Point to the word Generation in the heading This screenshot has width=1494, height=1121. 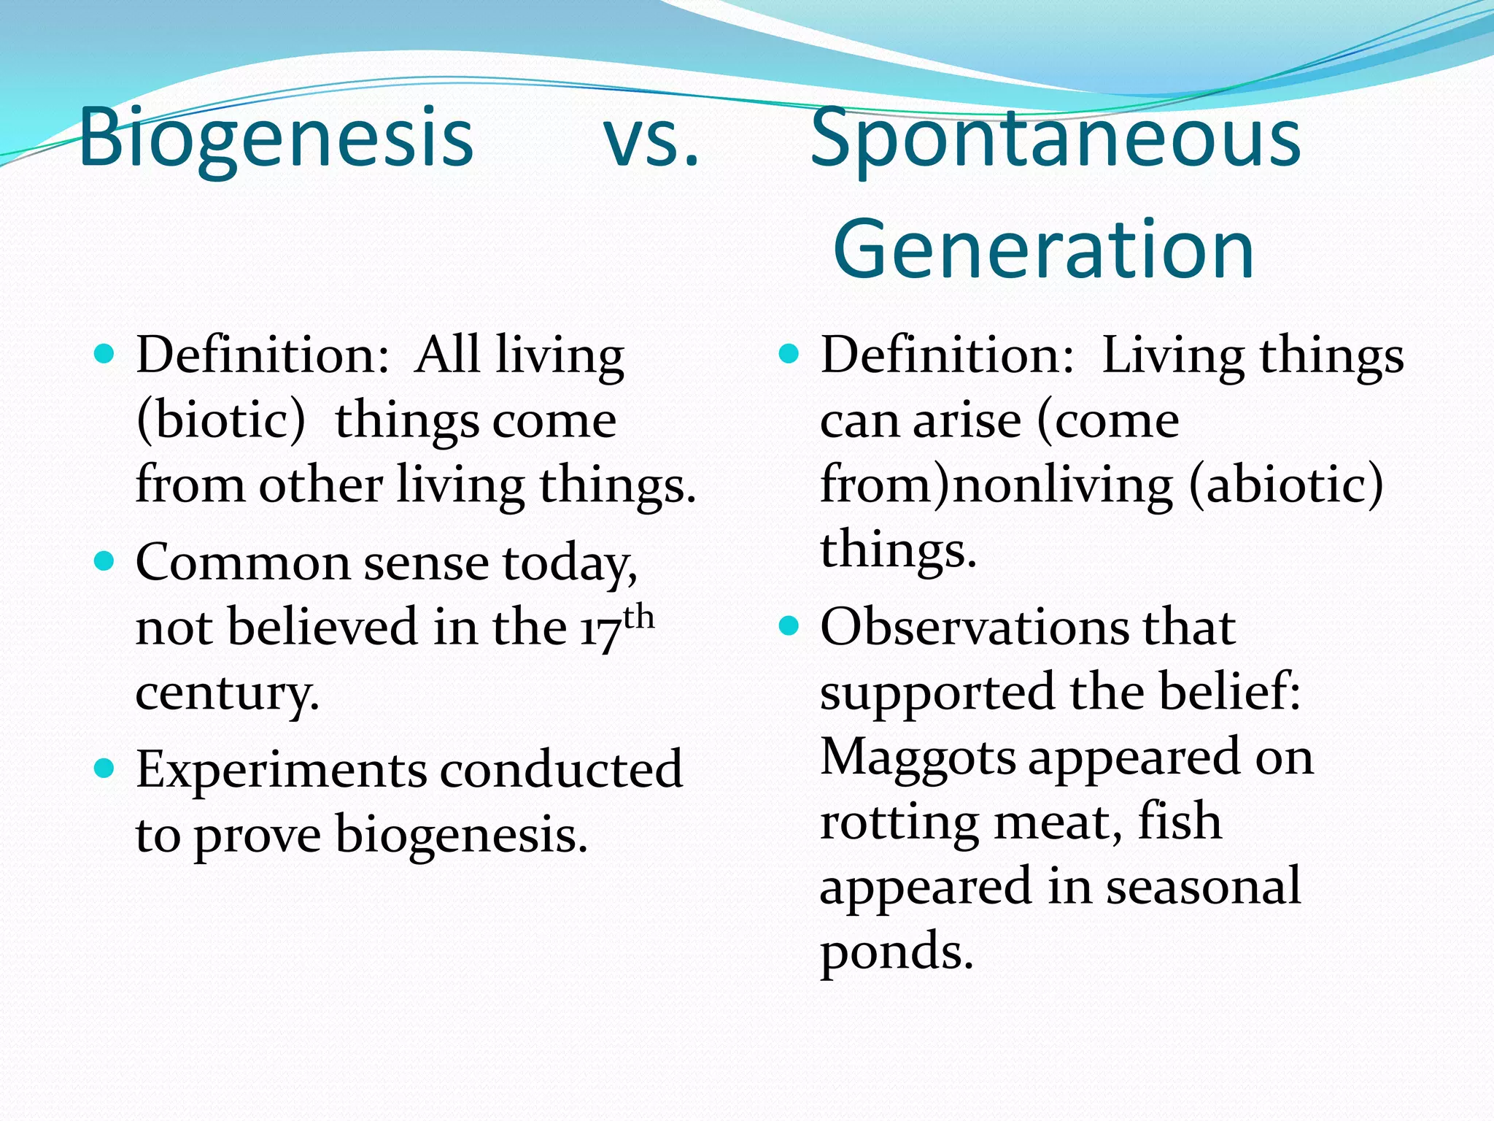point(1043,250)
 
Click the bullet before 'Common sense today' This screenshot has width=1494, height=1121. point(105,562)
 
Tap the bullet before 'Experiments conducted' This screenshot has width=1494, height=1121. point(105,768)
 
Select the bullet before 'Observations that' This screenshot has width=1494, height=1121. point(789,626)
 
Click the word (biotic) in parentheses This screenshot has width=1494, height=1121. point(221,421)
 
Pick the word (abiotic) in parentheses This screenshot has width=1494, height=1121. point(1285,485)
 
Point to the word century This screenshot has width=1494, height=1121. point(227,692)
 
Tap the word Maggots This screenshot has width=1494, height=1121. point(918,757)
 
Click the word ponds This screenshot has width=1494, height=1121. point(896,952)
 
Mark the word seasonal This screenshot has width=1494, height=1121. point(1203,886)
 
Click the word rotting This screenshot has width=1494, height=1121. point(899,823)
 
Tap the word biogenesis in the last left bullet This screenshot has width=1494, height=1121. point(460,835)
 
